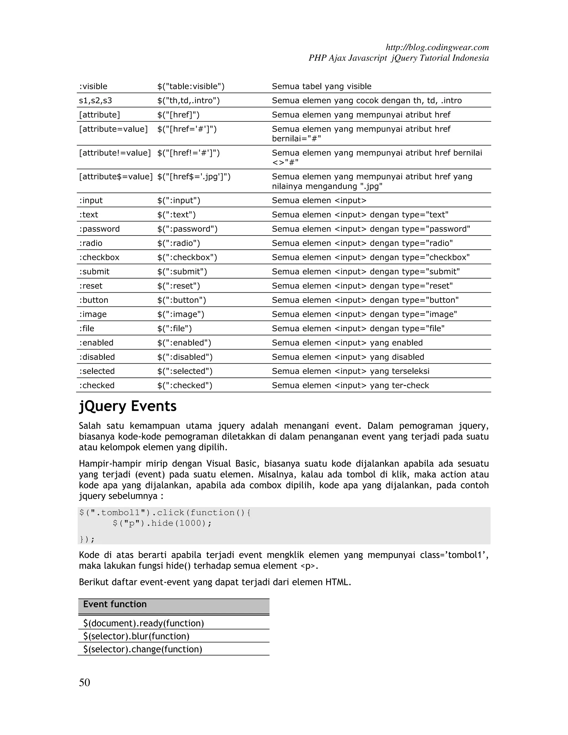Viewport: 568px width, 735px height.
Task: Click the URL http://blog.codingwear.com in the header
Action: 437,47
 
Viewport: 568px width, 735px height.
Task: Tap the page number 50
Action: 85,682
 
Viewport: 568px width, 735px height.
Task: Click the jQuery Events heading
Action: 128,406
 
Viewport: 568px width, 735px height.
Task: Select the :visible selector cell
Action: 93,87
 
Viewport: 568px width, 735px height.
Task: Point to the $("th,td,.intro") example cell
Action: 188,101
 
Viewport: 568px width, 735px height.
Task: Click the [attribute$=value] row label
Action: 116,177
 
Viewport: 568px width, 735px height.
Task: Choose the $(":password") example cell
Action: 187,229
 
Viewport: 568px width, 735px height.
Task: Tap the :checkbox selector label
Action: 99,257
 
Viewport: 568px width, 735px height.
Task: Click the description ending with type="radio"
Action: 362,243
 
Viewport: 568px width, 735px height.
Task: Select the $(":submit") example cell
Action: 182,272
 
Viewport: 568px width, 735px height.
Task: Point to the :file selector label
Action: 87,328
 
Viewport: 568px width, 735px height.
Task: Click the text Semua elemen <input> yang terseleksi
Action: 350,371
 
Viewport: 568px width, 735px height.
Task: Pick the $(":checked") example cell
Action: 185,385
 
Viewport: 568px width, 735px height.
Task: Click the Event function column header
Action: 115,604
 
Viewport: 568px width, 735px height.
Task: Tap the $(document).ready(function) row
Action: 144,623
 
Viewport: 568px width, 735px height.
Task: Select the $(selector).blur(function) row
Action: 136,636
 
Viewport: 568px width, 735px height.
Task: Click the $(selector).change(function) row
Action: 143,649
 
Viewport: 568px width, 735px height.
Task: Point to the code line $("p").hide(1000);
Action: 162,523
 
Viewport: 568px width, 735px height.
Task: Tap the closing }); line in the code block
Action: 87,539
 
